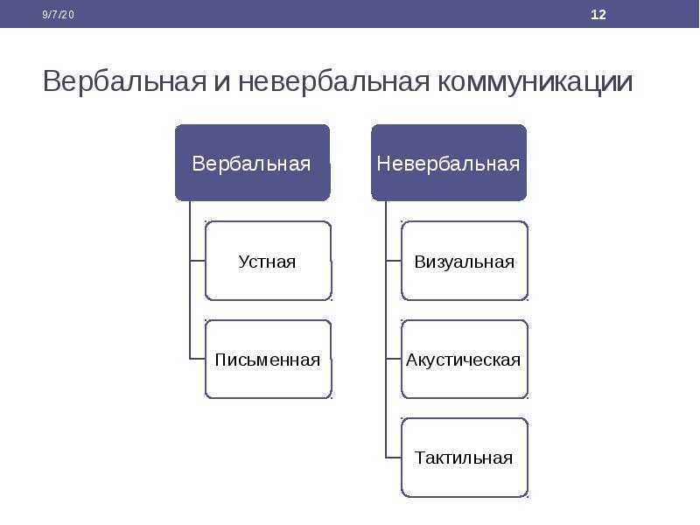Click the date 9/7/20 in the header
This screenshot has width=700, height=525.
(58, 15)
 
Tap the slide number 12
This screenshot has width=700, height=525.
(598, 15)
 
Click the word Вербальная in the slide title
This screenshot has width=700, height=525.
(124, 81)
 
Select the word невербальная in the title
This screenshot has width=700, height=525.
(334, 81)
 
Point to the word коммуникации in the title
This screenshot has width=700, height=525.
(535, 81)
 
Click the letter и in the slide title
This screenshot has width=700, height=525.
(222, 83)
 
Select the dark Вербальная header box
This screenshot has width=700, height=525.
(253, 163)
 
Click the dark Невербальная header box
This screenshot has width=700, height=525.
(449, 163)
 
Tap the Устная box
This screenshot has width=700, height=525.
(269, 261)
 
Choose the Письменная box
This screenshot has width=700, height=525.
(269, 359)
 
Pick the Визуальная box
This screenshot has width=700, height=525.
(465, 261)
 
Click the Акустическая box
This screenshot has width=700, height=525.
(465, 359)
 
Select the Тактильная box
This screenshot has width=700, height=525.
(465, 458)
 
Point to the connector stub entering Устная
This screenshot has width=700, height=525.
(198, 260)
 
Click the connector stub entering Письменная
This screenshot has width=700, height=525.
(198, 359)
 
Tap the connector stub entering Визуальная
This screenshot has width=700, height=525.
(394, 260)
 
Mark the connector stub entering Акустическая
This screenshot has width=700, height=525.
(394, 359)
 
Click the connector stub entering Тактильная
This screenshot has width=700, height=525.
(394, 458)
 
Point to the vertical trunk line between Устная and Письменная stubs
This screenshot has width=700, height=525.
(190, 310)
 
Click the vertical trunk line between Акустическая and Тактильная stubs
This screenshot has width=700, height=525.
(386, 408)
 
